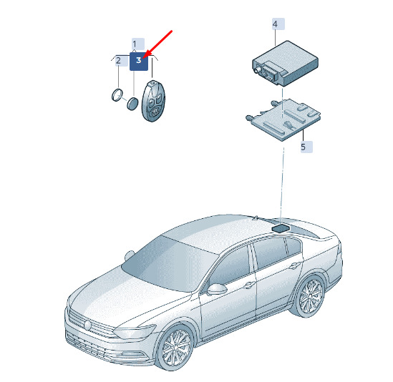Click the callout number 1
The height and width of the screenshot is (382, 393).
[135, 44]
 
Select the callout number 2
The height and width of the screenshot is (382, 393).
[118, 60]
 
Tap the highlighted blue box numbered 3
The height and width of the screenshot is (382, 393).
[139, 62]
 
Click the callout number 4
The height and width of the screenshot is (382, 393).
[275, 24]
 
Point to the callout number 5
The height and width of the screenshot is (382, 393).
[304, 147]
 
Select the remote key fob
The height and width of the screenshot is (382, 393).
[152, 101]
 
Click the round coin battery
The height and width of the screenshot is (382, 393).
[132, 104]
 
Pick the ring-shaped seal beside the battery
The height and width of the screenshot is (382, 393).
[117, 95]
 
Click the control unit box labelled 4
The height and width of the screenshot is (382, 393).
[285, 64]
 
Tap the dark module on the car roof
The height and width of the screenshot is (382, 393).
[281, 228]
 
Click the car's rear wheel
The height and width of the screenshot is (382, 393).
[311, 296]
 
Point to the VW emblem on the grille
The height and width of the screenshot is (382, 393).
[88, 325]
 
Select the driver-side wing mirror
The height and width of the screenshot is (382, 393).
[217, 289]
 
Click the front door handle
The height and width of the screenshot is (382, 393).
[248, 285]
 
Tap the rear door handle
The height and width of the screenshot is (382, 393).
[294, 265]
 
